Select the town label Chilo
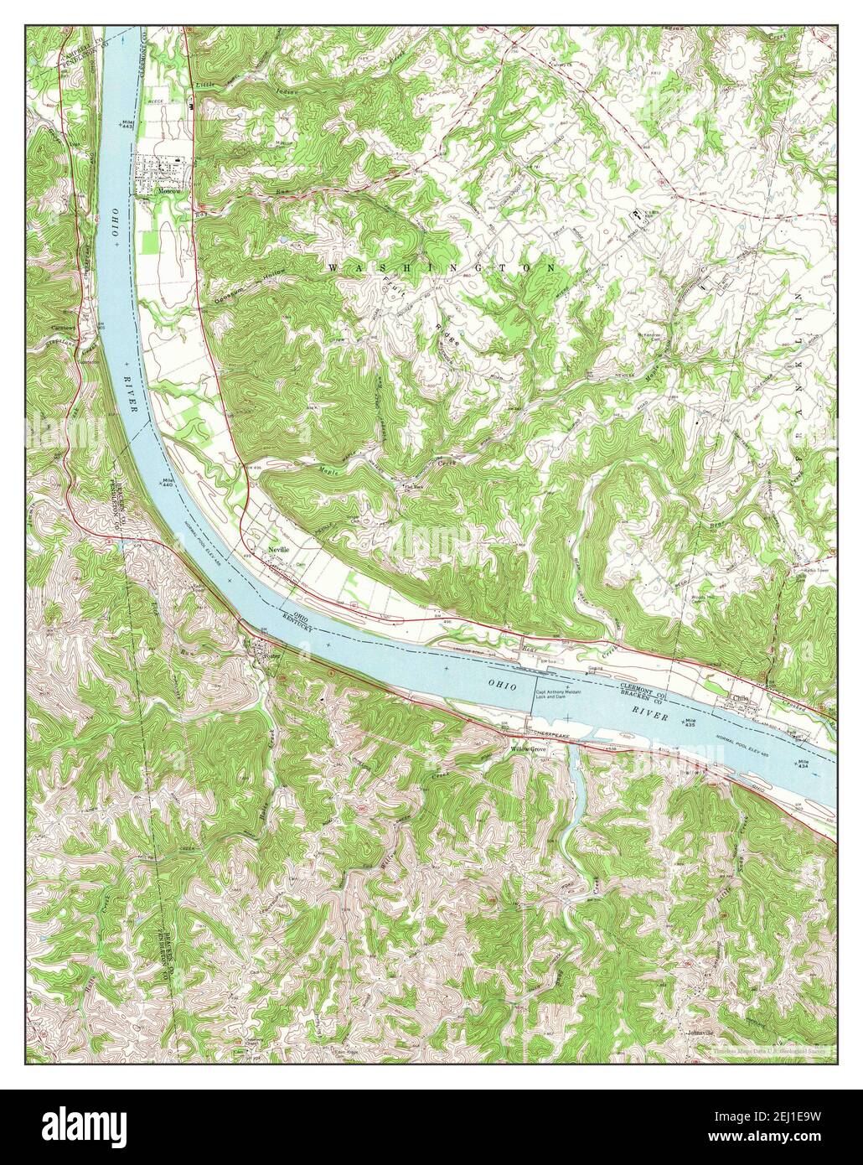click(x=740, y=696)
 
